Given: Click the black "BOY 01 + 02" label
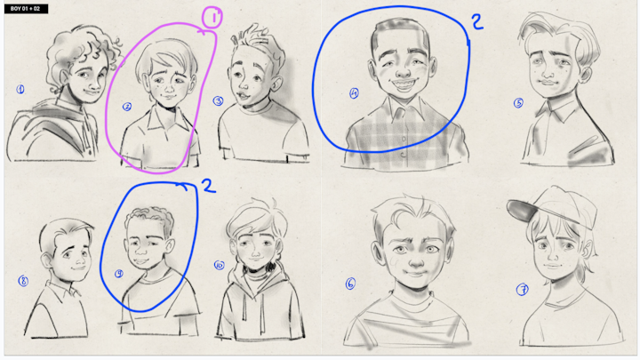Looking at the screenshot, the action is (x=26, y=9).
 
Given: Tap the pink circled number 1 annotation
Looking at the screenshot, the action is (x=212, y=18).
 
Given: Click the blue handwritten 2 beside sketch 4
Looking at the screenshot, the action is (x=477, y=22).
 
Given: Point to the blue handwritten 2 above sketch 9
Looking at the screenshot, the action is (x=209, y=186).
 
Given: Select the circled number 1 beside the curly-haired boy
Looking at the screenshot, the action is (x=20, y=90).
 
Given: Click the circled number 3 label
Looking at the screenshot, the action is (x=218, y=100).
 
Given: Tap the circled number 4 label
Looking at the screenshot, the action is (x=354, y=93).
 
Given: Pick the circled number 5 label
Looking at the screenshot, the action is (x=518, y=103).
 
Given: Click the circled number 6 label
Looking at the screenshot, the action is (x=350, y=284).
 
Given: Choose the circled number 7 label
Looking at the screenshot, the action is (x=522, y=290).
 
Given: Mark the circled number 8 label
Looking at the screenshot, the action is (x=23, y=281).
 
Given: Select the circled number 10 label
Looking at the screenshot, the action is (x=220, y=265).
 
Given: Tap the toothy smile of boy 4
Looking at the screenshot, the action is (x=403, y=85).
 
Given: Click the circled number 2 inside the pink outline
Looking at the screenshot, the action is (x=127, y=107).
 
